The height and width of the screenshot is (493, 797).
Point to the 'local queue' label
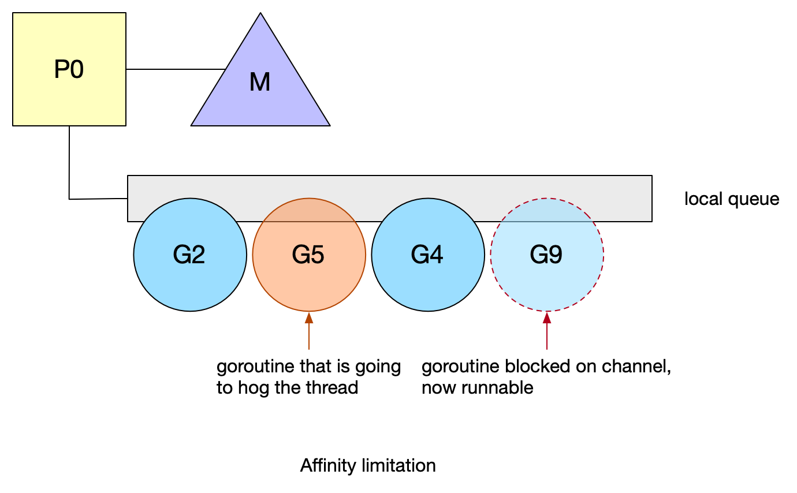(x=732, y=199)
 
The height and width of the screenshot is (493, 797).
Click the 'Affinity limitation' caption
(x=368, y=465)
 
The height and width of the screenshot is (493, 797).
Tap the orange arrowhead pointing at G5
(x=309, y=318)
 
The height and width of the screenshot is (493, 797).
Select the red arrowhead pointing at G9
(x=547, y=318)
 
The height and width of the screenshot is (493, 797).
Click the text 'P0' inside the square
(x=69, y=70)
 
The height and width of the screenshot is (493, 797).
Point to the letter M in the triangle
(x=260, y=83)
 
